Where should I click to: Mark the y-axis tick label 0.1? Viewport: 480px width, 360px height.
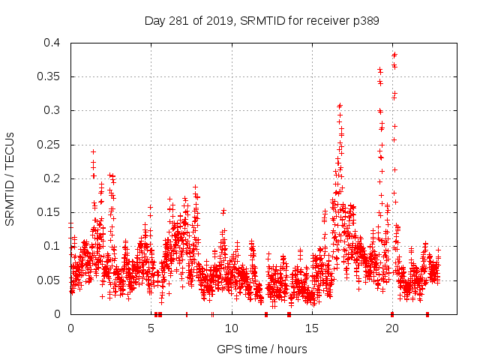click(x=55, y=246)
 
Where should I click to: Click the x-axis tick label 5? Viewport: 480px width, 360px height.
click(x=151, y=328)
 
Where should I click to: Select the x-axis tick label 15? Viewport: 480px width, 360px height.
click(x=312, y=328)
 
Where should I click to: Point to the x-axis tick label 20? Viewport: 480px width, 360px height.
click(x=392, y=328)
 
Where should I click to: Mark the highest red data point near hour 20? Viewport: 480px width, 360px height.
click(x=394, y=54)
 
